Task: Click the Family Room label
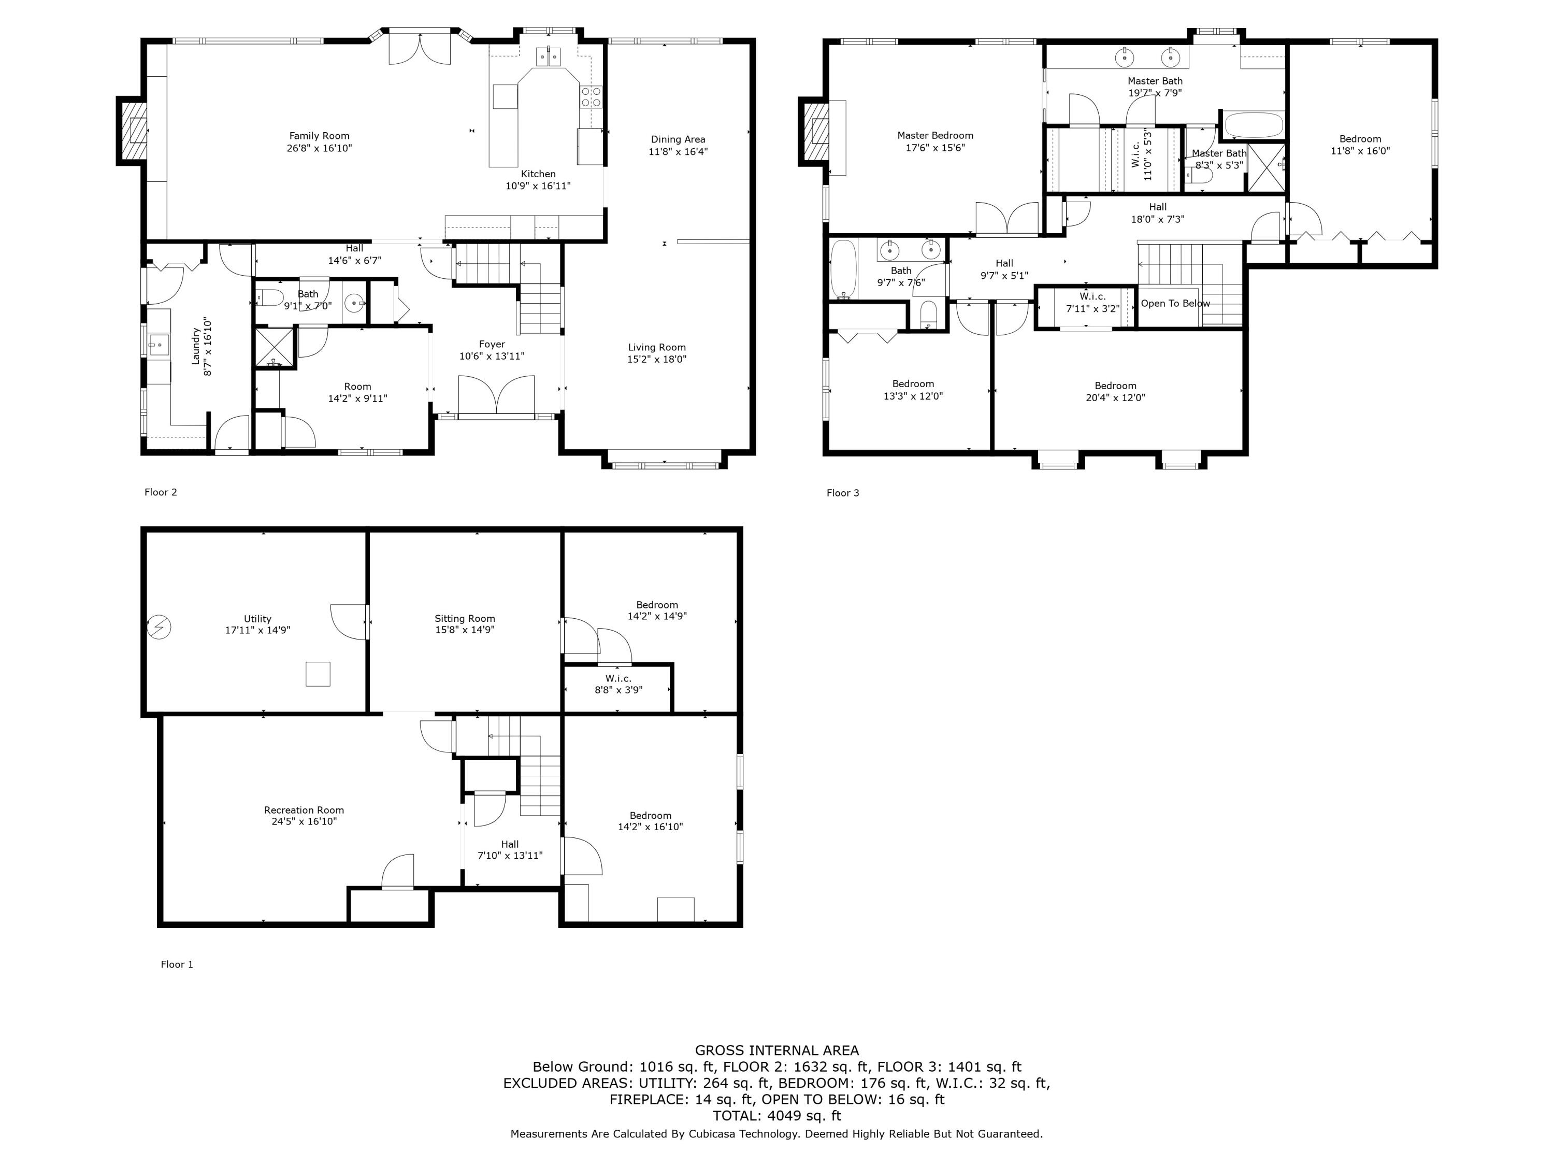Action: click(x=319, y=136)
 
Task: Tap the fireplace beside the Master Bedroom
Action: click(x=815, y=132)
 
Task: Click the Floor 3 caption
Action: click(x=842, y=493)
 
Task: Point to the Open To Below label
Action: click(x=1175, y=304)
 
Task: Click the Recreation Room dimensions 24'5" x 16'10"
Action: click(x=304, y=821)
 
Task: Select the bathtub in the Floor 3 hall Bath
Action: click(x=843, y=269)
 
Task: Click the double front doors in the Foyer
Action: click(x=496, y=395)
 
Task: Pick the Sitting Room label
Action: click(x=464, y=618)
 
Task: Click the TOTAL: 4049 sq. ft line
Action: click(x=776, y=1115)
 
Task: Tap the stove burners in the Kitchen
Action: click(x=591, y=96)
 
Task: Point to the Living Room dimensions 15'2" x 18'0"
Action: click(x=656, y=359)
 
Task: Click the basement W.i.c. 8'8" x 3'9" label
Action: click(x=618, y=684)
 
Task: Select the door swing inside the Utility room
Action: click(x=349, y=621)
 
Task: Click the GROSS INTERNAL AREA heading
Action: click(x=776, y=1050)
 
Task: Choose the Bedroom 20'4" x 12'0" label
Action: click(x=1115, y=391)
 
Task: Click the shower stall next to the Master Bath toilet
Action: click(x=1267, y=167)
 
